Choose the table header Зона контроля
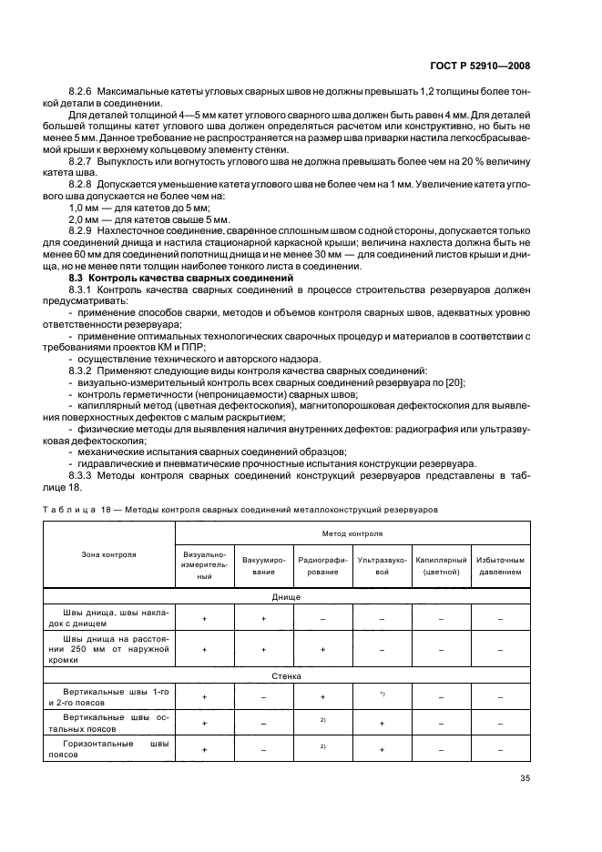(x=110, y=553)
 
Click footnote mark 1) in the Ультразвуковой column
(x=383, y=695)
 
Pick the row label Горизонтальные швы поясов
(x=110, y=749)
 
